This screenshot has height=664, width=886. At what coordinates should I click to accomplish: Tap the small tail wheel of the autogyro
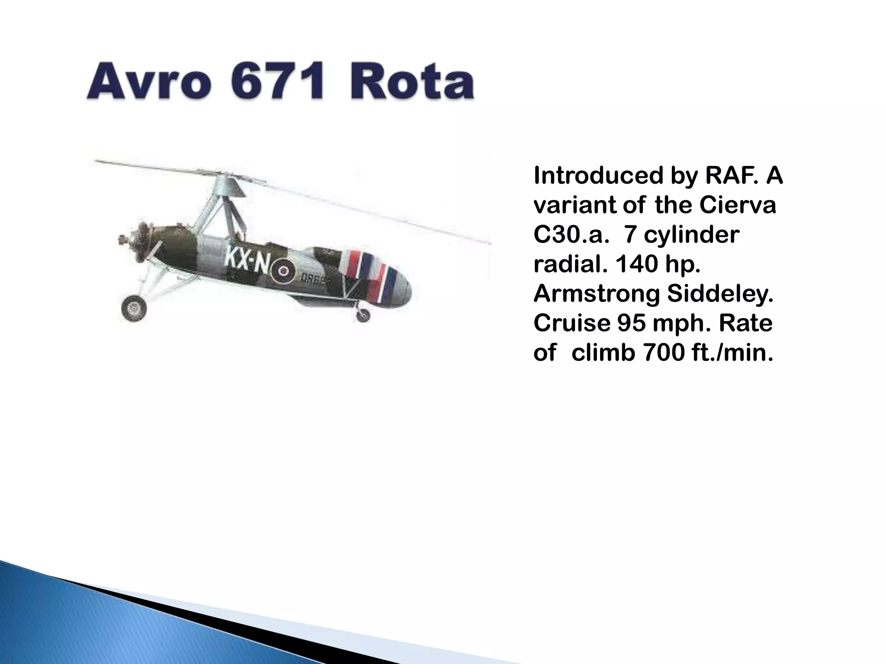point(363,316)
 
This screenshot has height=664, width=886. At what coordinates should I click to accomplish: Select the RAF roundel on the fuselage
point(283,271)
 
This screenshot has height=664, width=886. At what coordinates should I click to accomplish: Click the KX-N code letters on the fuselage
point(247,259)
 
